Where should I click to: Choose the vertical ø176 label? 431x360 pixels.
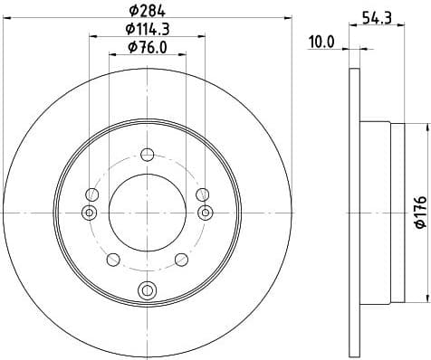(x=417, y=212)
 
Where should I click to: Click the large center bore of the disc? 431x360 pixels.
(x=147, y=212)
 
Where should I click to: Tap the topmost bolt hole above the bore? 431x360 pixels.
(x=147, y=153)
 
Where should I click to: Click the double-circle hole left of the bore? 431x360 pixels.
(x=88, y=212)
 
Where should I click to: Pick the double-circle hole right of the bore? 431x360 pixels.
(x=206, y=212)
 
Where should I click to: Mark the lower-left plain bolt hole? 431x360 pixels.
(x=112, y=260)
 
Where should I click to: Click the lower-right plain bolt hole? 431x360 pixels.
(x=181, y=260)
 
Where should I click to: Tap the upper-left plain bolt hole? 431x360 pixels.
(x=91, y=194)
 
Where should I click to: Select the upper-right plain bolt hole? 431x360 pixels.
(x=203, y=194)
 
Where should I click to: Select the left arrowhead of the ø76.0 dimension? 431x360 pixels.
(x=112, y=55)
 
